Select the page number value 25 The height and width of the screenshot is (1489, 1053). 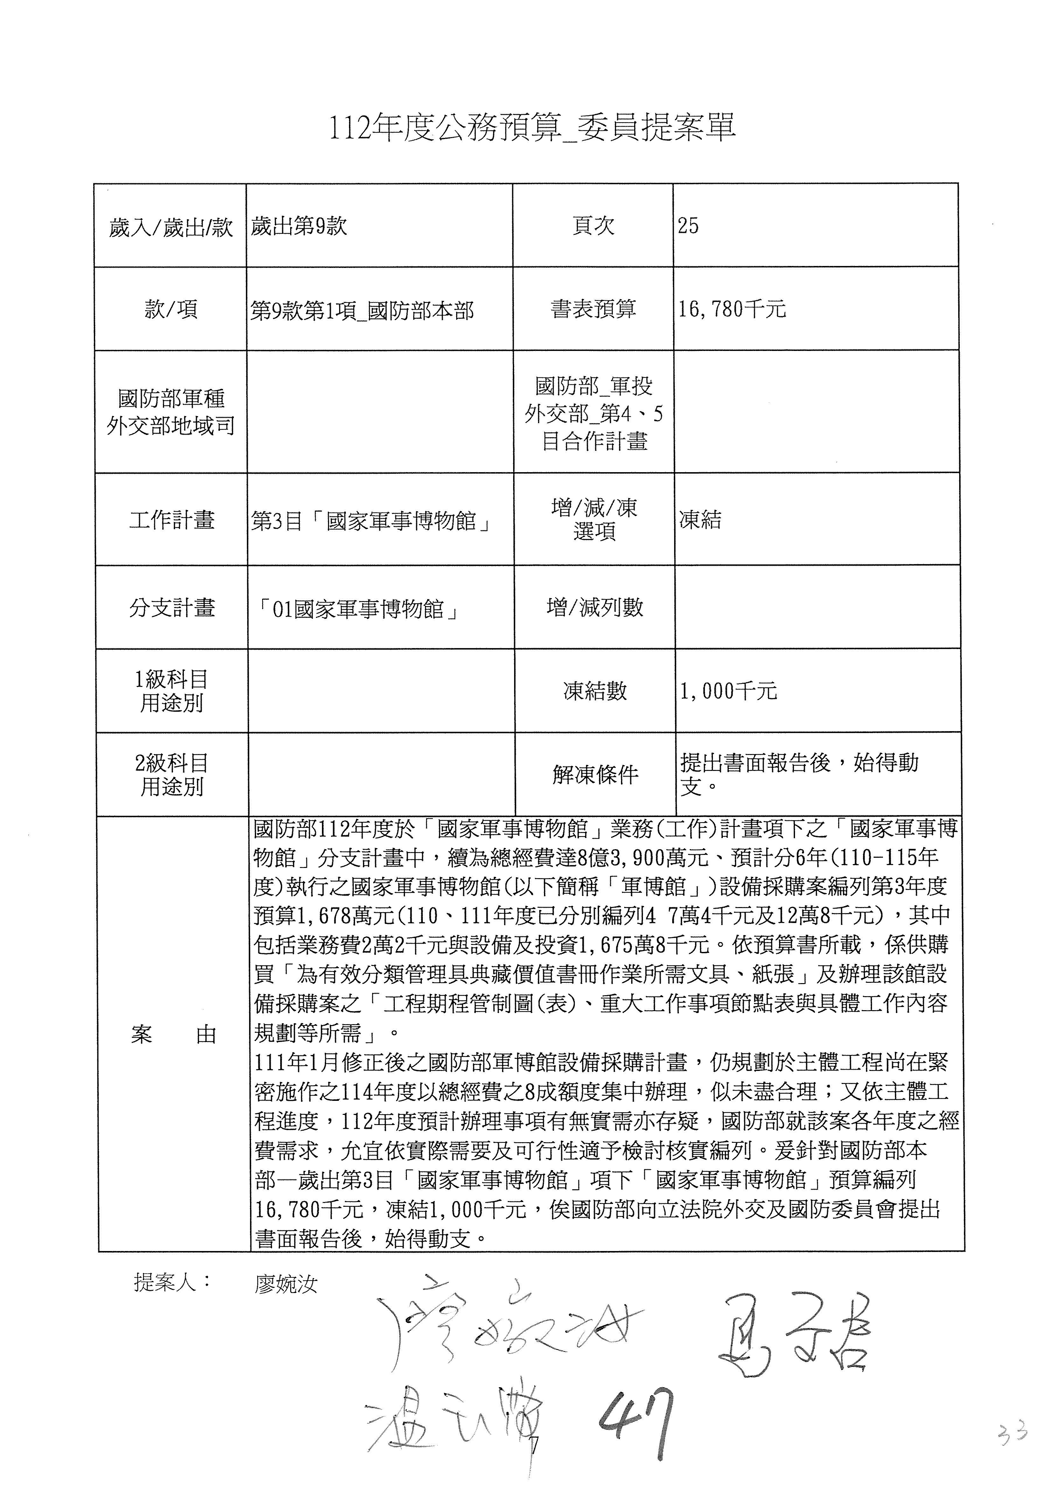point(689,226)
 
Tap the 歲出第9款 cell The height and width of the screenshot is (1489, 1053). point(299,226)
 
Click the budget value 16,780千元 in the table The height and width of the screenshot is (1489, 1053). point(732,309)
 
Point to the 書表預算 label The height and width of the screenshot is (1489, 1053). point(593,309)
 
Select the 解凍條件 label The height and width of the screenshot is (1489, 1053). point(595,774)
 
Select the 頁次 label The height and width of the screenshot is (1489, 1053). point(593,226)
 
